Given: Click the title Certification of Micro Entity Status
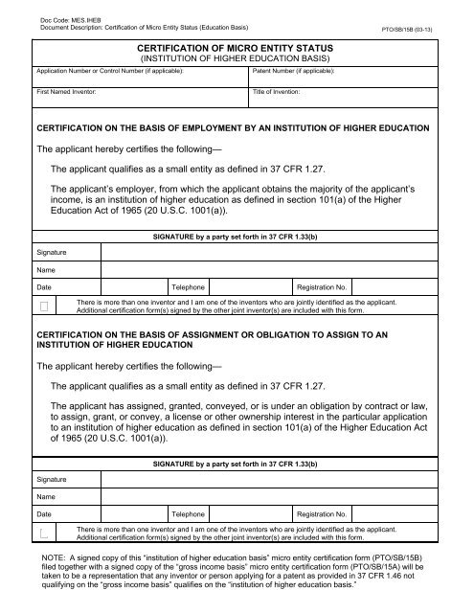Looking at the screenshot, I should [x=237, y=45].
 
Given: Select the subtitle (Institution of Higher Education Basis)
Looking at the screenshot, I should [x=237, y=58].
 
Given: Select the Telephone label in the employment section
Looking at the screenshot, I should [x=188, y=286].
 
